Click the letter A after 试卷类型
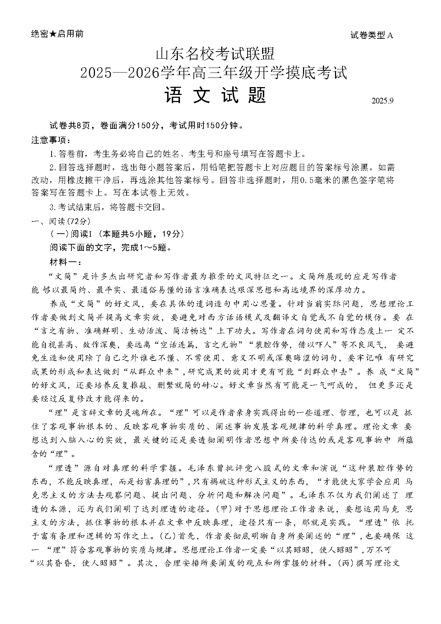click(x=390, y=35)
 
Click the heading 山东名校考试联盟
click(x=216, y=54)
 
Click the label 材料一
click(x=65, y=262)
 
